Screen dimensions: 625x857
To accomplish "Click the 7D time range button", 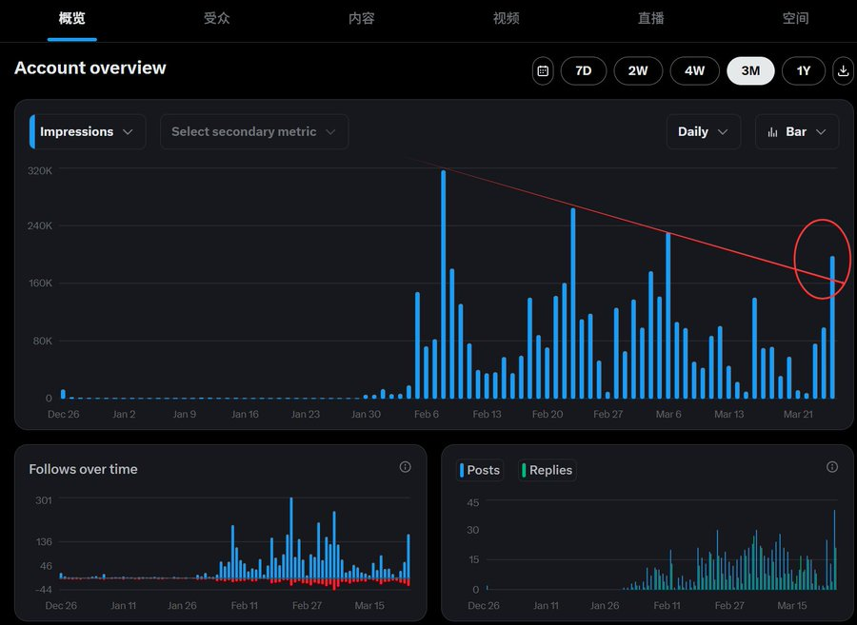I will [584, 71].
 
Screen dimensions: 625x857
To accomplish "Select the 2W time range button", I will [638, 71].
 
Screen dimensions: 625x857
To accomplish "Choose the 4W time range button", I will [694, 71].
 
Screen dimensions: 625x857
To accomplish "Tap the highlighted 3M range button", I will [750, 71].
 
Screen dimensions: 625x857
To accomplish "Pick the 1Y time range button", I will [804, 71].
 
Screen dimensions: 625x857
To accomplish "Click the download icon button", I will [843, 71].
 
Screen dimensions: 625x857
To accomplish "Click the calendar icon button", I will [543, 71].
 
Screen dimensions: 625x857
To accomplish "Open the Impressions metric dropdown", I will [89, 132].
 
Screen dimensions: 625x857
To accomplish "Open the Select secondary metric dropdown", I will [254, 132].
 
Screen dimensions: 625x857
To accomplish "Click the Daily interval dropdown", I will [704, 132].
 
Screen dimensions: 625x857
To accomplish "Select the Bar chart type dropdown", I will [797, 132].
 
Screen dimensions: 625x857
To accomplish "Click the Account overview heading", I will [90, 68].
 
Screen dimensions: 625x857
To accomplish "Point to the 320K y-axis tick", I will [40, 171].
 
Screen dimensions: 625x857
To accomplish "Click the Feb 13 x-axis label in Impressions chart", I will [487, 415].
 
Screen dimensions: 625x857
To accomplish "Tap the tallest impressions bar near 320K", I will [444, 285].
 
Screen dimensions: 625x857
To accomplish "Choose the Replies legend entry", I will [547, 470].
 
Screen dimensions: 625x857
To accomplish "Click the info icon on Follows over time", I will [405, 467].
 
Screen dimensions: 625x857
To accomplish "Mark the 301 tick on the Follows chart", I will [44, 499].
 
